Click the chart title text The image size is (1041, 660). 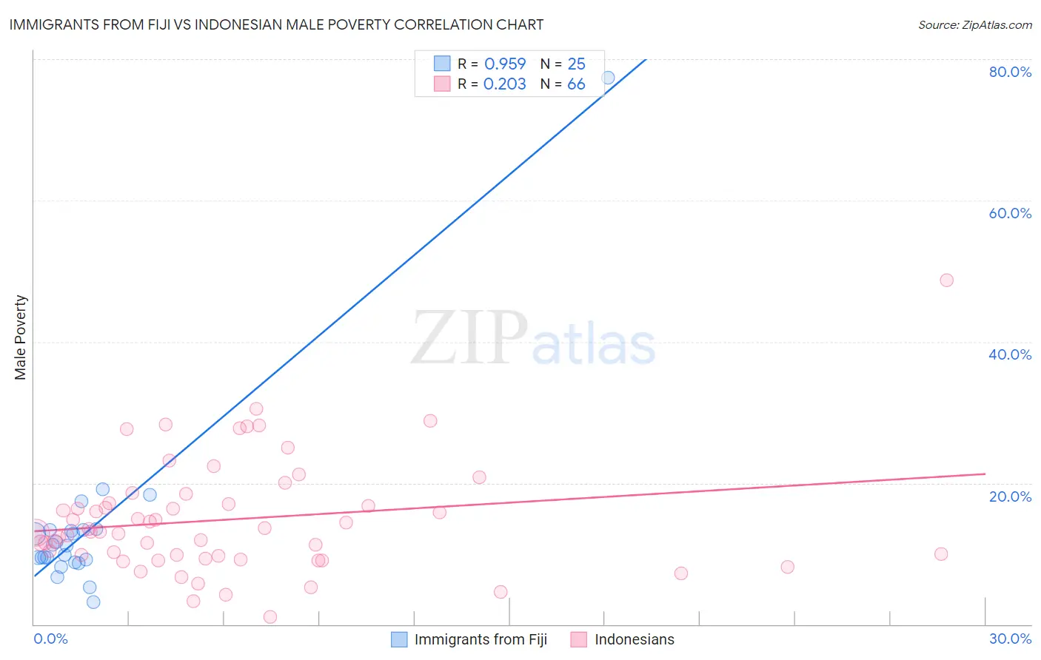click(x=276, y=24)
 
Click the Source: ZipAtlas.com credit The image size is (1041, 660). click(x=974, y=25)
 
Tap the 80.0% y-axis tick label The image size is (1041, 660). click(x=1010, y=72)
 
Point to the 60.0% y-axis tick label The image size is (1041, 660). click(x=1010, y=213)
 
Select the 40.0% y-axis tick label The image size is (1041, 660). click(x=1010, y=354)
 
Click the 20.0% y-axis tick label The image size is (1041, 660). click(x=1010, y=496)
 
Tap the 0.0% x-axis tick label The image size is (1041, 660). click(x=50, y=639)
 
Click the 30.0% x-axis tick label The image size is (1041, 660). click(x=1010, y=639)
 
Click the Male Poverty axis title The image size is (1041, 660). click(x=21, y=337)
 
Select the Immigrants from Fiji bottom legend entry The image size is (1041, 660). click(x=480, y=639)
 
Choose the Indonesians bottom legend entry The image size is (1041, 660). click(x=634, y=639)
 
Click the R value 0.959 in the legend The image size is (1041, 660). click(x=505, y=64)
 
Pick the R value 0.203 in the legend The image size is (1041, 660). click(x=505, y=84)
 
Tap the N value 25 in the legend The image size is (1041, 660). click(x=576, y=64)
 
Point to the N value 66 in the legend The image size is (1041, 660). click(x=576, y=84)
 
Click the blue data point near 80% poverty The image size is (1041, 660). click(x=608, y=78)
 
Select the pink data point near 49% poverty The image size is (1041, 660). click(x=946, y=280)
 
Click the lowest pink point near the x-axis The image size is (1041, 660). click(x=270, y=617)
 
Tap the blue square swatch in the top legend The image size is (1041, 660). click(x=442, y=64)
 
